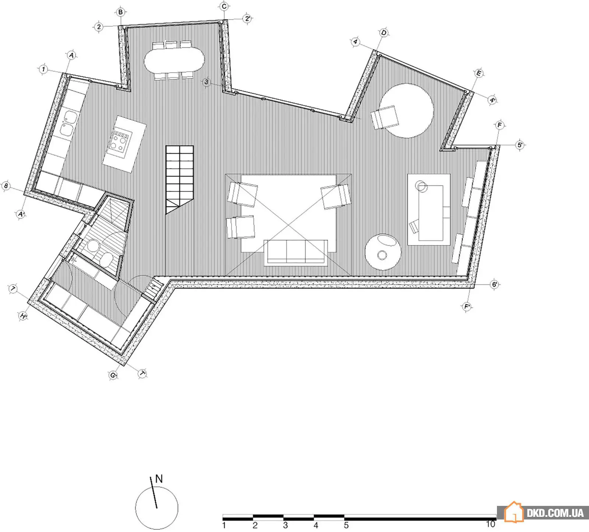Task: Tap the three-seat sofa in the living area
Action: [x=296, y=252]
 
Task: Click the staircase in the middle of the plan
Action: [x=179, y=179]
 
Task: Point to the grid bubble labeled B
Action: [x=120, y=12]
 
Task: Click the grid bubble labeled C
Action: [x=224, y=6]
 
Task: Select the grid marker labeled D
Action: [x=384, y=33]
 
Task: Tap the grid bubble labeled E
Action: [x=479, y=74]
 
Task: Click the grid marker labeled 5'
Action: [x=520, y=145]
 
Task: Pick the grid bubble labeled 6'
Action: [x=495, y=284]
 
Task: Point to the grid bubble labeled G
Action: [x=113, y=375]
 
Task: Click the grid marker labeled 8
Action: [x=6, y=186]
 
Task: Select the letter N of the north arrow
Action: [x=159, y=479]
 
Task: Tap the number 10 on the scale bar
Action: [x=490, y=524]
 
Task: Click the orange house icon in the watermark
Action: [x=514, y=512]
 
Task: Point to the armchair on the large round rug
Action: [x=385, y=117]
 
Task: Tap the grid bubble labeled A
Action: [x=71, y=56]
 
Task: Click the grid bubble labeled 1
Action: [x=44, y=69]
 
